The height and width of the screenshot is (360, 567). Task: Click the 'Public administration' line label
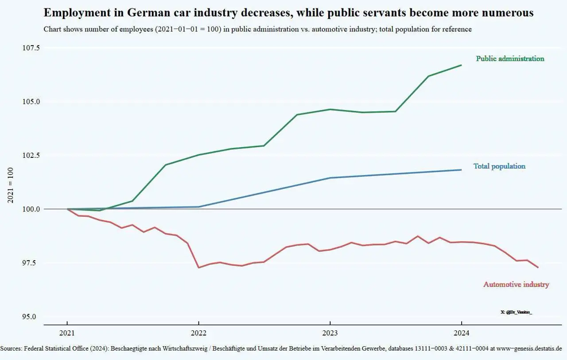(x=510, y=59)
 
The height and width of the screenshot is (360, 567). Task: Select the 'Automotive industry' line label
(x=516, y=285)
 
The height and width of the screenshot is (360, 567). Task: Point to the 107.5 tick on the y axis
(x=31, y=48)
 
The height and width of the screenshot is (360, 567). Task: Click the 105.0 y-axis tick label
(x=31, y=102)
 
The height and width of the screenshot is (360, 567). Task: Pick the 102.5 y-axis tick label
(x=31, y=155)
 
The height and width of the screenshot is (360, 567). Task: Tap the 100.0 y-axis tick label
(x=31, y=209)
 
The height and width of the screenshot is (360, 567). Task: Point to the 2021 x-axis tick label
(x=67, y=333)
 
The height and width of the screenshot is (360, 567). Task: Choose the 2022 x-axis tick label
(x=198, y=333)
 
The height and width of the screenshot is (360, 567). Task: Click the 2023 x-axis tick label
(x=330, y=333)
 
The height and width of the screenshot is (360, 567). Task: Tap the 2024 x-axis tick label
(x=462, y=333)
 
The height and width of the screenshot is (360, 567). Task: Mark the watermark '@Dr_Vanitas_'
(x=517, y=312)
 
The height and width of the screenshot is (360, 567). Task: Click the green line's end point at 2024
(x=462, y=65)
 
